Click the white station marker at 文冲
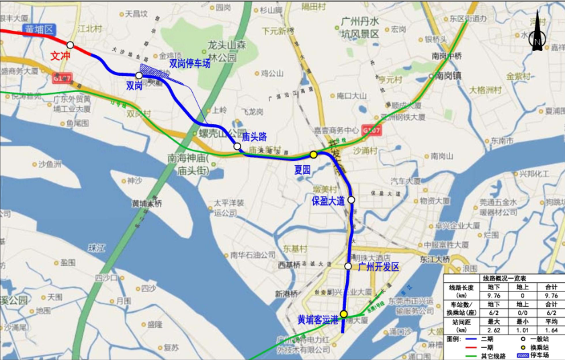click(71, 45)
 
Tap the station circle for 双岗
click(139, 75)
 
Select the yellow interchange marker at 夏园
click(313, 154)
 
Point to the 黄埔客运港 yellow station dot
click(343, 314)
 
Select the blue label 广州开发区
click(379, 267)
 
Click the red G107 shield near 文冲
click(61, 79)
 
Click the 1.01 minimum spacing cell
click(518, 330)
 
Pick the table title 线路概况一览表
click(503, 277)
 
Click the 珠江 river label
click(97, 248)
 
